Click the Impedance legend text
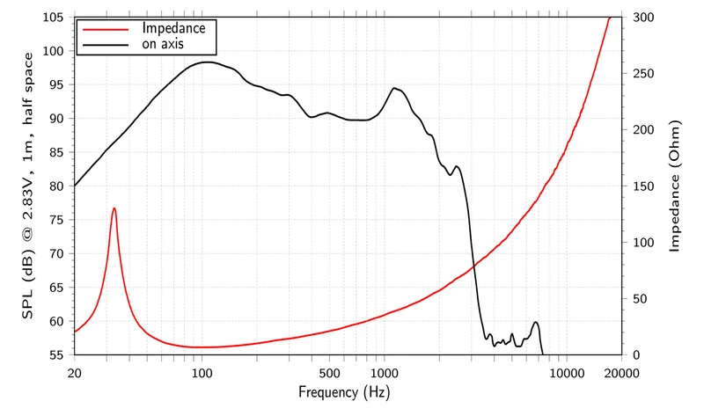[x=173, y=28]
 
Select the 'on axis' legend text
[x=163, y=44]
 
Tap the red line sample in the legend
[x=106, y=29]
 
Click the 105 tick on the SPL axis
[x=53, y=17]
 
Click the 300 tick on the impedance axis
[x=643, y=17]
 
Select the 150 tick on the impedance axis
[x=643, y=186]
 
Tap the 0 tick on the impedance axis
[x=636, y=354]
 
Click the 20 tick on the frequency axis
[x=75, y=373]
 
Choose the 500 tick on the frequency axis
[x=329, y=373]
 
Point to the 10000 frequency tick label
[x=567, y=373]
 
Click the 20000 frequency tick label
[x=621, y=373]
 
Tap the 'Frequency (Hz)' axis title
[x=344, y=392]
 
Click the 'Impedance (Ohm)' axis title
[x=674, y=186]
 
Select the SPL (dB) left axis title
[x=28, y=186]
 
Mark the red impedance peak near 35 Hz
[x=114, y=208]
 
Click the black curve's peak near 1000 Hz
[x=394, y=88]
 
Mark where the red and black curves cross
[x=473, y=266]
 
